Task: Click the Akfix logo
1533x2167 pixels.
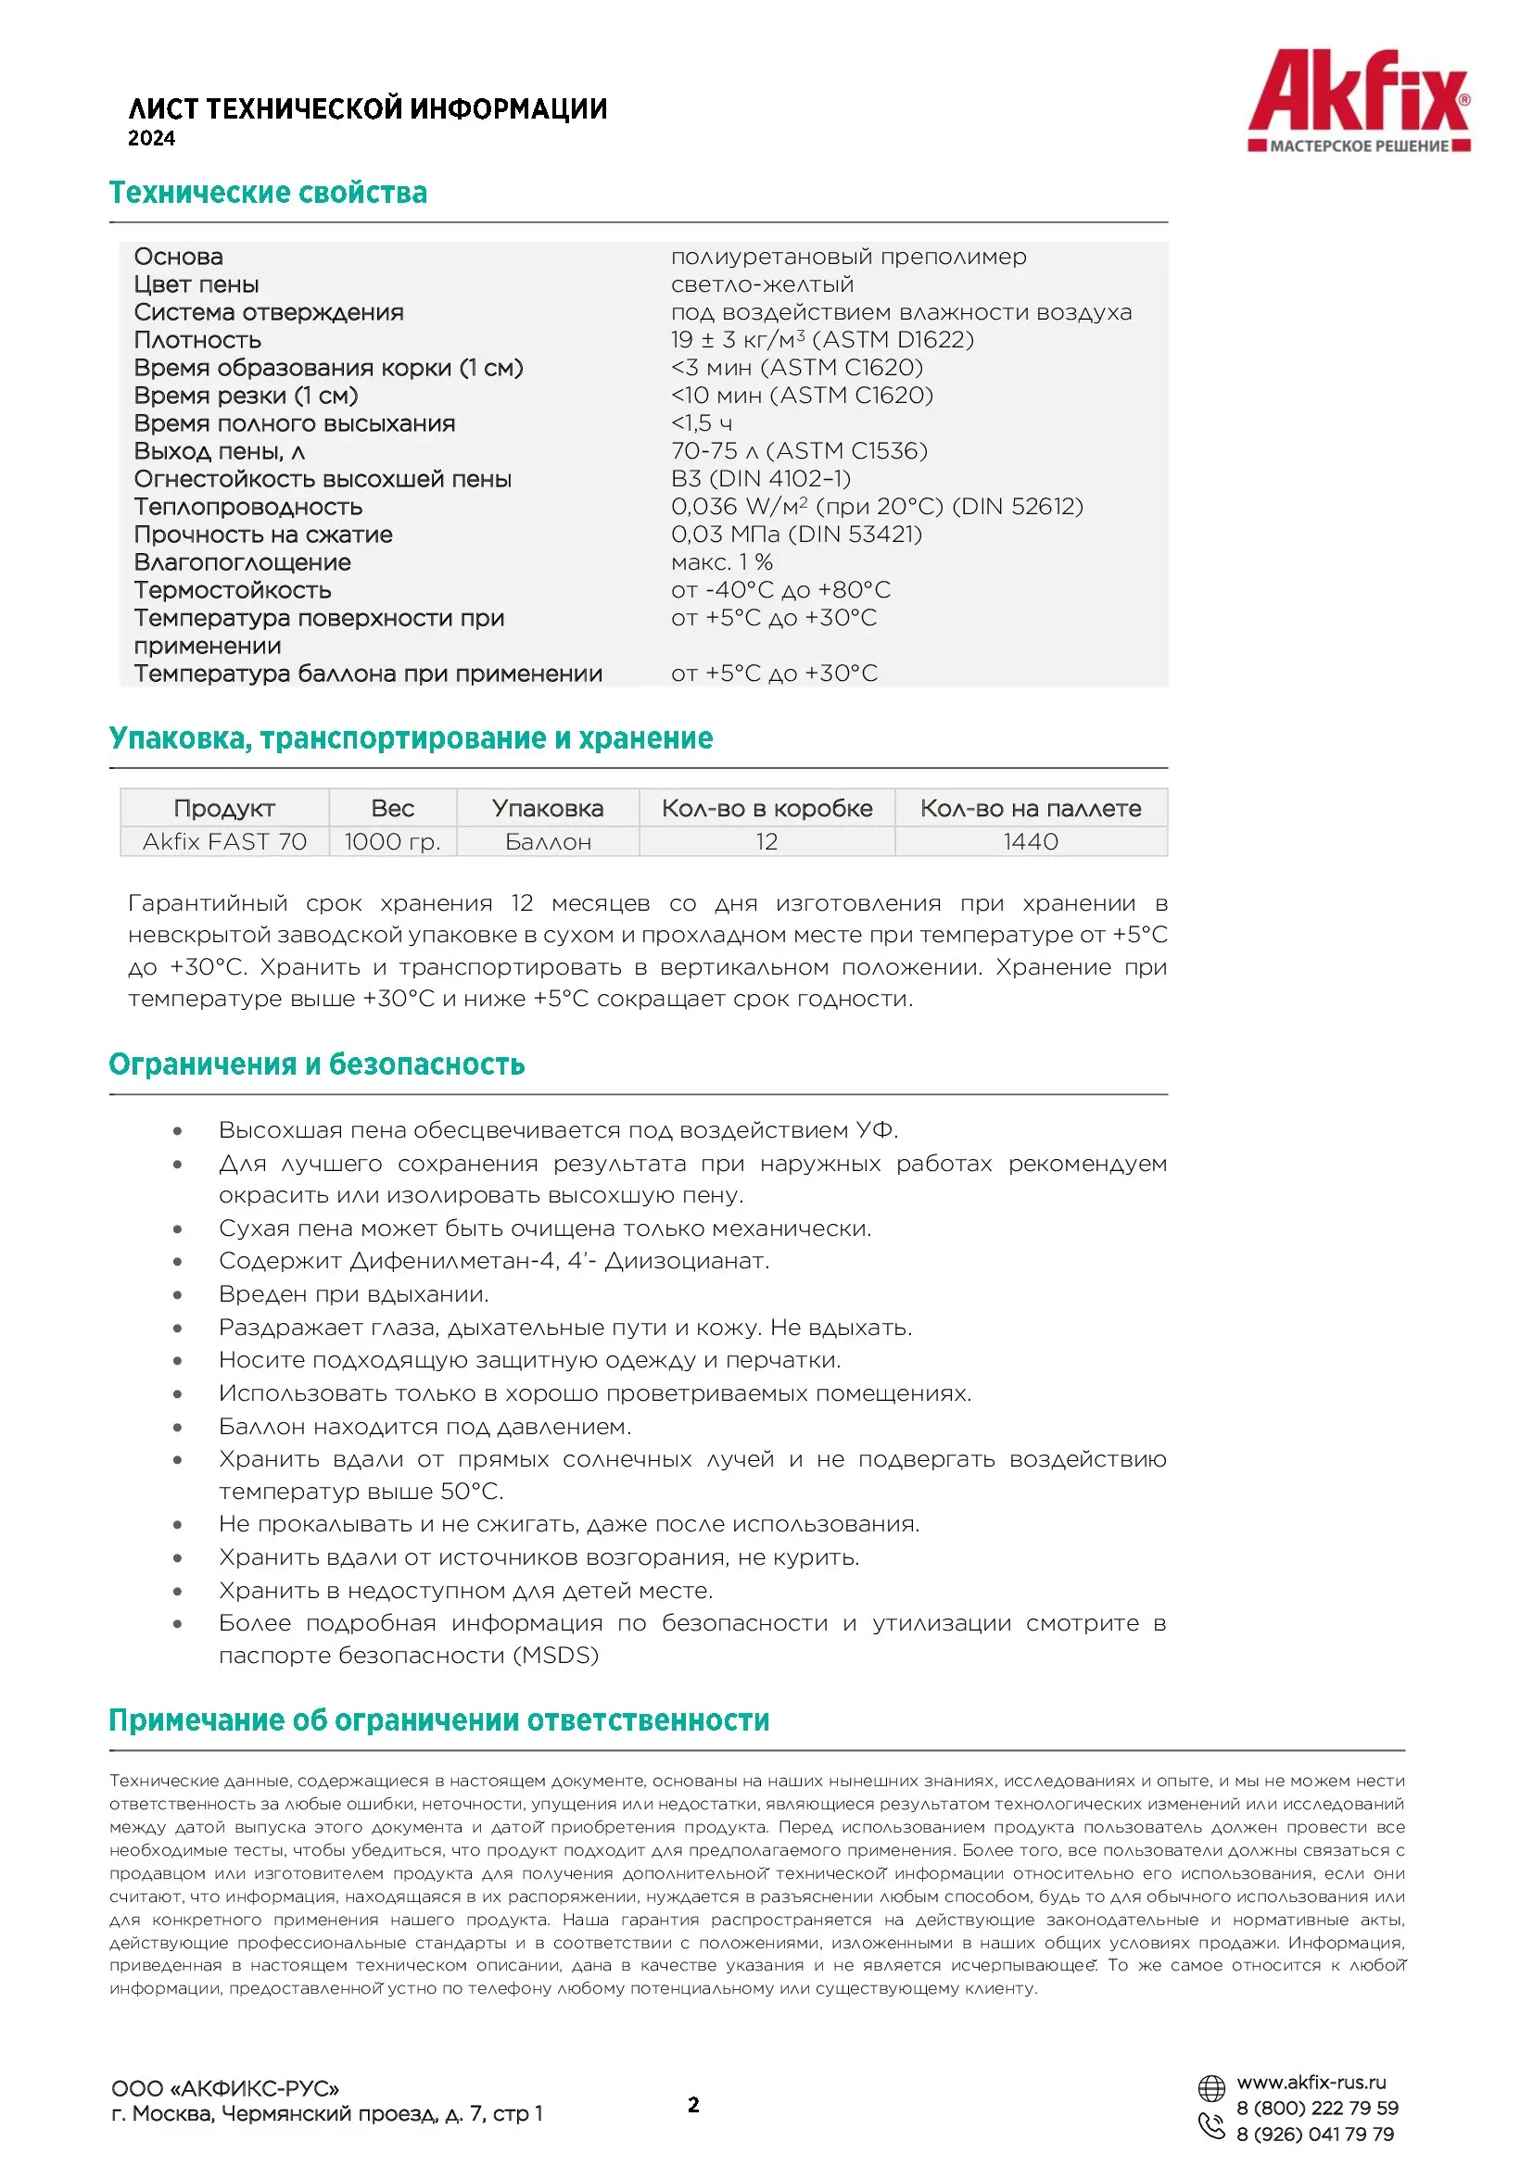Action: click(x=1359, y=100)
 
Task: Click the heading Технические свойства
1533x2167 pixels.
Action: click(x=268, y=193)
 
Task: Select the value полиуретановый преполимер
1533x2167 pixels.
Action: click(x=848, y=257)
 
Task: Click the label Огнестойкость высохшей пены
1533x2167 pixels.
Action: click(x=322, y=480)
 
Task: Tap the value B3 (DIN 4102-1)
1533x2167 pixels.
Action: click(x=761, y=480)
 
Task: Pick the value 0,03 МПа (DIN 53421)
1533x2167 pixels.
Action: click(x=796, y=535)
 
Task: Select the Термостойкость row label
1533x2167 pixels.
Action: click(x=233, y=591)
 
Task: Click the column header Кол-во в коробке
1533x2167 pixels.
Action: click(x=766, y=809)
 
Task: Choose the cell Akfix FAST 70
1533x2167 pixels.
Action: click(x=224, y=842)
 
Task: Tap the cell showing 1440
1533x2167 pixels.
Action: click(x=1030, y=842)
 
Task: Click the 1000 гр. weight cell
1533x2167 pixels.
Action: click(x=393, y=842)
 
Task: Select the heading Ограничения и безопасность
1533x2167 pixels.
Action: click(x=316, y=1065)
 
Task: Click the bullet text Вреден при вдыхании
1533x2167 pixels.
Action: click(x=353, y=1294)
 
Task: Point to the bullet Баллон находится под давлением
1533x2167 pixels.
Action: click(x=424, y=1426)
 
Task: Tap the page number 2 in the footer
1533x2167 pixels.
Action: click(x=694, y=2105)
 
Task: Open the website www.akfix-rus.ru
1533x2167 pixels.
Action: click(x=1311, y=2082)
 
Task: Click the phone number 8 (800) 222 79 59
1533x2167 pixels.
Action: click(x=1317, y=2109)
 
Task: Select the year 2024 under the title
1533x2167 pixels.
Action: click(x=152, y=139)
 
